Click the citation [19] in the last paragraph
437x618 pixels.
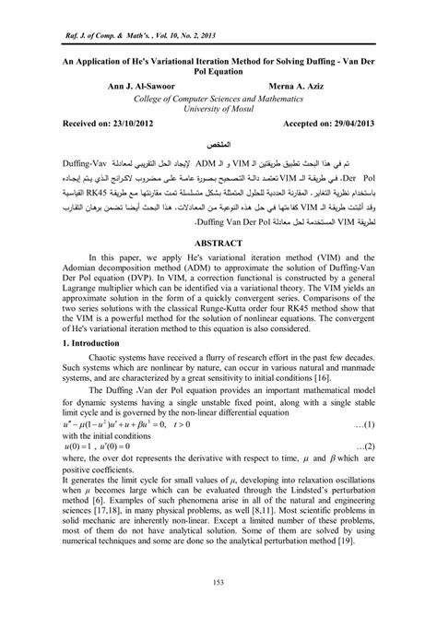[x=366, y=569]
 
